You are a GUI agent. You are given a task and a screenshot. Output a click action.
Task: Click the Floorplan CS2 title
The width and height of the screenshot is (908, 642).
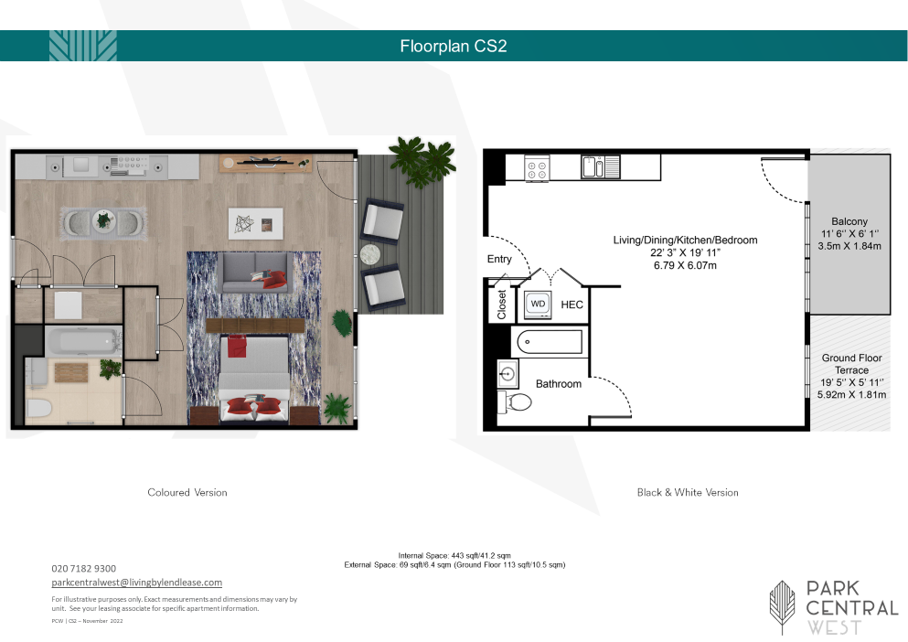454,47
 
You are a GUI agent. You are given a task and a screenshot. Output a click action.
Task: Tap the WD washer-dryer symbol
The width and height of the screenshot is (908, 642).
538,305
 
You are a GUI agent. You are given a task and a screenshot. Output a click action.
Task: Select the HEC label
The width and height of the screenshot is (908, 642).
572,305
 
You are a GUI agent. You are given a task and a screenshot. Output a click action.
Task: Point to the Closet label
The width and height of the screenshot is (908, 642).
501,305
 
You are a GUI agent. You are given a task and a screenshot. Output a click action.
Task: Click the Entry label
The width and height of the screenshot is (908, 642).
499,259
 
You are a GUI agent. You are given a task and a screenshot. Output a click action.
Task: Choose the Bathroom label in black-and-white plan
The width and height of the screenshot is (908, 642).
558,383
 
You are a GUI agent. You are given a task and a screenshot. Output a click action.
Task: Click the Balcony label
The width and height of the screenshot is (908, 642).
849,221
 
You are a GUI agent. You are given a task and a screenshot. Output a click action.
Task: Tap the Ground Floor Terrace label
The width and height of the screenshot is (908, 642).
852,364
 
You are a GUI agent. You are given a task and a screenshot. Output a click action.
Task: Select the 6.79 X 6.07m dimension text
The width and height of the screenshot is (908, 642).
685,265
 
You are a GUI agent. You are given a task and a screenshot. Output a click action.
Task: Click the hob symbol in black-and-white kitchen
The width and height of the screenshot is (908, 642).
536,169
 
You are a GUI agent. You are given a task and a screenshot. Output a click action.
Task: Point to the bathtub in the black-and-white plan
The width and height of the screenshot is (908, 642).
549,342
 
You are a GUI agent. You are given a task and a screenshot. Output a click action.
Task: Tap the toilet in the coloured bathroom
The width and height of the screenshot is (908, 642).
38,408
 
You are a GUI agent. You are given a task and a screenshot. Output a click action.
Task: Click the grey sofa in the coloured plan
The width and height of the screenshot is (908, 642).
255,273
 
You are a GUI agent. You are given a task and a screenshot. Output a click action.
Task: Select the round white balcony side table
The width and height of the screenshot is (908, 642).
370,254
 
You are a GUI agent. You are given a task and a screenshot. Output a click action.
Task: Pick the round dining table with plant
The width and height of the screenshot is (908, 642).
103,220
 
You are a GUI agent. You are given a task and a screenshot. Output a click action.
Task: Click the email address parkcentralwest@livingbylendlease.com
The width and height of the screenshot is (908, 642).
136,583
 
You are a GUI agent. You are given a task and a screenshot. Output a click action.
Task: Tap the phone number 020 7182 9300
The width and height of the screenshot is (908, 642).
83,569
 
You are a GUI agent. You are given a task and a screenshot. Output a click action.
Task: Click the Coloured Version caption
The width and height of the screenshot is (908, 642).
187,493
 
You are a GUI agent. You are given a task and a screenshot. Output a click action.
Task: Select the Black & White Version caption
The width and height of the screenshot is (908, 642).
688,493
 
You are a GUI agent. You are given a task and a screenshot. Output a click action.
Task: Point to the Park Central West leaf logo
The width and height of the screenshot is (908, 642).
782,605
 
